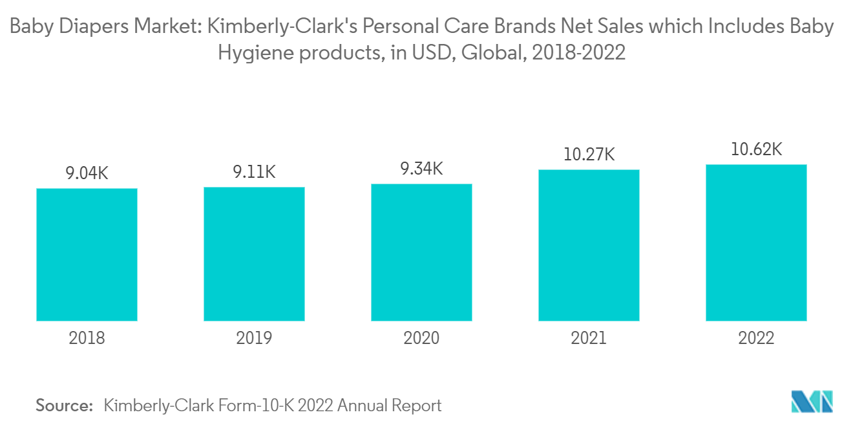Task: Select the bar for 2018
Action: (87, 254)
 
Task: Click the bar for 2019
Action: (254, 253)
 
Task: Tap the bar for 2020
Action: (421, 252)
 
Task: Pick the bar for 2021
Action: (589, 245)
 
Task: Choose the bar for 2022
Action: (756, 242)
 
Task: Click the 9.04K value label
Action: (87, 173)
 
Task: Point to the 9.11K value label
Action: (254, 172)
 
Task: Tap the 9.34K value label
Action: (421, 169)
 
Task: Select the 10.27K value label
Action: (589, 155)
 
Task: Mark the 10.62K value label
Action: (756, 149)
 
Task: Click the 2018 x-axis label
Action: (87, 338)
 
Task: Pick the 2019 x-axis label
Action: (254, 338)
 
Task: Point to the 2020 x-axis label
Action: (421, 338)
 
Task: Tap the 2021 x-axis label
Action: (589, 338)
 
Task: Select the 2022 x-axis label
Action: (756, 338)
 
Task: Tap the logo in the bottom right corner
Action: (812, 402)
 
